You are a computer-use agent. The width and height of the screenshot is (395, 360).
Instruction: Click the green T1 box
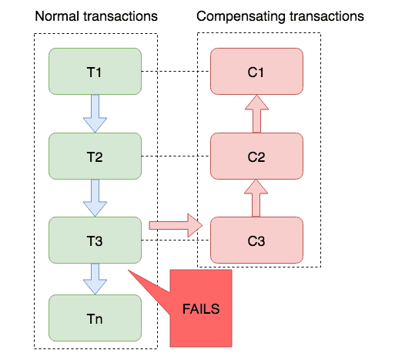click(x=95, y=71)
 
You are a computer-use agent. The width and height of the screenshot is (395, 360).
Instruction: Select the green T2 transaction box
click(x=95, y=156)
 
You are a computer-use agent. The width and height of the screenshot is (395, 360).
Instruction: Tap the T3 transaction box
click(x=95, y=240)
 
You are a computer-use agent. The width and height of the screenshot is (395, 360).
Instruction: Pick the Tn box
click(x=95, y=318)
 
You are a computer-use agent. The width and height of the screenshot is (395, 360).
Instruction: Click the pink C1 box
click(x=256, y=71)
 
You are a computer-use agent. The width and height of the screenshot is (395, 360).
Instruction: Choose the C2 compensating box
click(x=256, y=156)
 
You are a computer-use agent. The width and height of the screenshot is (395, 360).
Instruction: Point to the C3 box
click(x=256, y=240)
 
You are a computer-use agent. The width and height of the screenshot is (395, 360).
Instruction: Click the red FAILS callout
click(x=201, y=308)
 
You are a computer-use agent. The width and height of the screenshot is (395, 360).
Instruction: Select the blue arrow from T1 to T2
click(x=95, y=113)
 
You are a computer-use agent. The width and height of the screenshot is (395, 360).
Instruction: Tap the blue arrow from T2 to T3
click(x=95, y=198)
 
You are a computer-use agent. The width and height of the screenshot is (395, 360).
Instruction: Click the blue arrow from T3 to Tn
click(x=95, y=279)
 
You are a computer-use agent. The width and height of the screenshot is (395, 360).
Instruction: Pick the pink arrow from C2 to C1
click(x=256, y=113)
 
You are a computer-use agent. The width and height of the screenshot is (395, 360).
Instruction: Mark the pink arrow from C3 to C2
click(x=256, y=198)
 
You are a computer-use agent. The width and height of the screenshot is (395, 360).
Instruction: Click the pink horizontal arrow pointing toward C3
click(x=176, y=225)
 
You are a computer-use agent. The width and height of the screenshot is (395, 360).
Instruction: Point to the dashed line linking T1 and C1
click(x=176, y=71)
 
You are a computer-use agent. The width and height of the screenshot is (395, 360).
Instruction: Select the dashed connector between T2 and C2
click(x=176, y=156)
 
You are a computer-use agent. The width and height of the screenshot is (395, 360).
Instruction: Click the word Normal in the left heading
click(x=57, y=16)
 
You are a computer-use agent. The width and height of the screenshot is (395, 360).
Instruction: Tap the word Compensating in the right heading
click(x=241, y=17)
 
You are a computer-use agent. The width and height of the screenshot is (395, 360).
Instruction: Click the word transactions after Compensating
click(x=326, y=16)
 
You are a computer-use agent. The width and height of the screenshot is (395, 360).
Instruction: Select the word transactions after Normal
click(x=120, y=16)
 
